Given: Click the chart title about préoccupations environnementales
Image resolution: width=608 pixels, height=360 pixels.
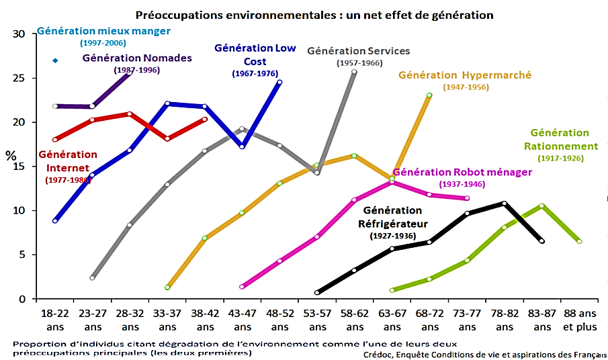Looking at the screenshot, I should tap(314, 14).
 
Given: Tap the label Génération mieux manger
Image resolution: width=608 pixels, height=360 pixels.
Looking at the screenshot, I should tap(103, 31).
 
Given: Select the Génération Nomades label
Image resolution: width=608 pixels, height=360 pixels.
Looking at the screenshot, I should tap(137, 58).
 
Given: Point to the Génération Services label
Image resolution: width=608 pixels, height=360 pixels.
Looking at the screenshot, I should tap(358, 51).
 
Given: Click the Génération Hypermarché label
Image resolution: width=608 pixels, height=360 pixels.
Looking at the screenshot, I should tap(465, 75).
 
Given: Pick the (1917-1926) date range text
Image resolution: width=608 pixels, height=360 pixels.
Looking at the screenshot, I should tap(560, 159).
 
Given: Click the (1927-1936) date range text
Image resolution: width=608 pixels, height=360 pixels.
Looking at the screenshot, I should tap(393, 236).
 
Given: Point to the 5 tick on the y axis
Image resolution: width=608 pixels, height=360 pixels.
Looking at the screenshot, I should tap(21, 255).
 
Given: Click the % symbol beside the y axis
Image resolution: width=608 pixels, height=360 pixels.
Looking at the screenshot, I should tap(11, 155).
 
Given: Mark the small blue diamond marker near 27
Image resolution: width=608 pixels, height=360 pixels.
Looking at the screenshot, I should tap(55, 61).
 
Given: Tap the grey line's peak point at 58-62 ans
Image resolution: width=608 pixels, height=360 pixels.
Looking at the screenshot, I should tap(354, 71).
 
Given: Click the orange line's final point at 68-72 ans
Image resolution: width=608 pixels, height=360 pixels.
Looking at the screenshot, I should tap(429, 95).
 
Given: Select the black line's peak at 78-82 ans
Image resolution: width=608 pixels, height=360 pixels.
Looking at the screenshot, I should tap(504, 204).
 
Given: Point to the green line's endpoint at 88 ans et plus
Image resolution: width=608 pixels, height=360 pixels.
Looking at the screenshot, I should tap(579, 242).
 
